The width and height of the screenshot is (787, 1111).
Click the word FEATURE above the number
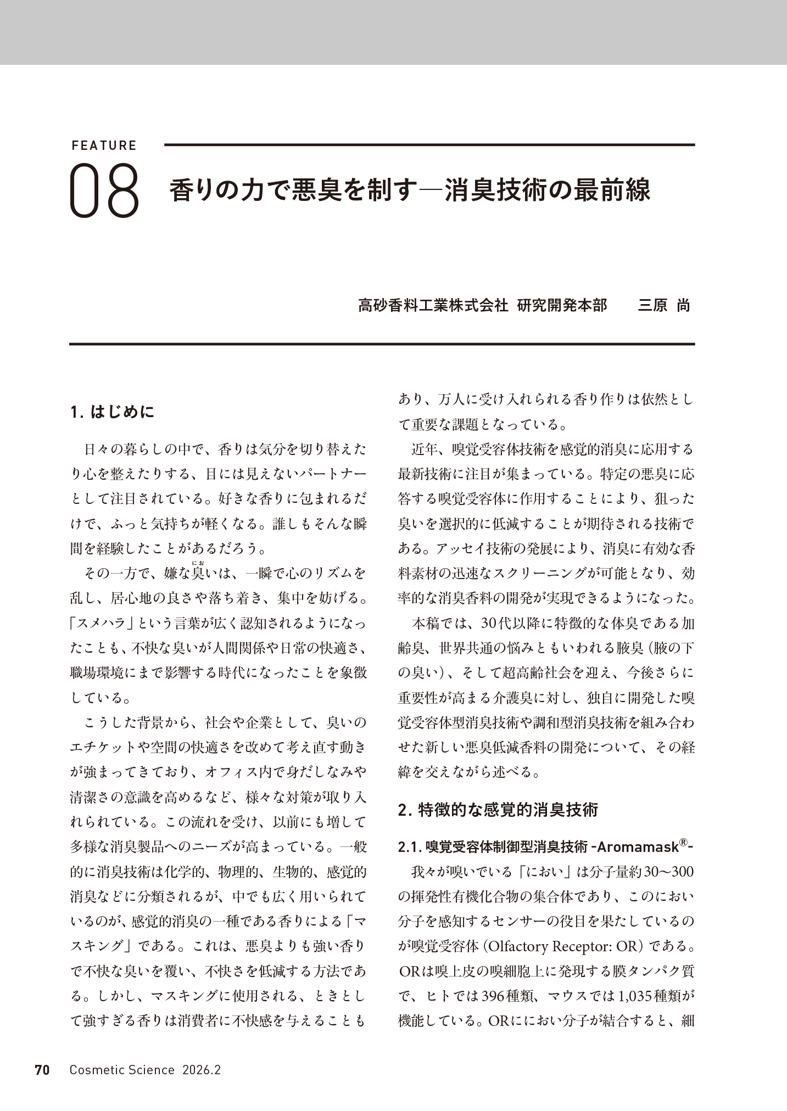coord(104,146)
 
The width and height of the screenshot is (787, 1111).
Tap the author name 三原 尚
coord(663,305)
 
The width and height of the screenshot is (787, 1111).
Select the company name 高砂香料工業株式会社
coord(433,305)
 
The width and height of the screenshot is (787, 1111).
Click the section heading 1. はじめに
coord(113,412)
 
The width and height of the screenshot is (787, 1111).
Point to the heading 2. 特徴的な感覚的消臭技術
coord(498,810)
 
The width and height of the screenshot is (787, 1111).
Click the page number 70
coord(42,1070)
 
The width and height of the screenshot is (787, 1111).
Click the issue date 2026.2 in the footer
coord(202,1070)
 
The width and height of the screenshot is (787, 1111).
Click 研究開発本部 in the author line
coord(562,305)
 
